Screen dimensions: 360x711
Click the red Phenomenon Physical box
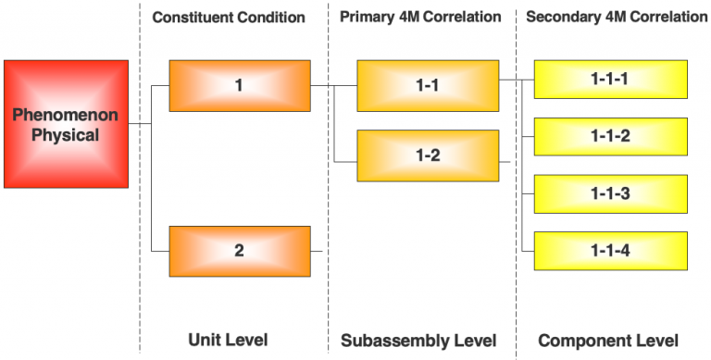click(x=66, y=124)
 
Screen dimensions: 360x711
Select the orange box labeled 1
click(x=239, y=86)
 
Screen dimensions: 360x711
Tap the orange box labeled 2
click(x=239, y=250)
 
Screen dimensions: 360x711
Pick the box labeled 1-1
click(x=428, y=86)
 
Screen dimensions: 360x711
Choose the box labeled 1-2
click(x=428, y=155)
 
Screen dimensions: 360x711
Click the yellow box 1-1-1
click(x=610, y=79)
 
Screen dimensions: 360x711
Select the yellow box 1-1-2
click(x=610, y=136)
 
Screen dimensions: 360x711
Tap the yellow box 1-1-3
click(x=610, y=193)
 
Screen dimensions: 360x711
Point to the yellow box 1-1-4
click(x=610, y=250)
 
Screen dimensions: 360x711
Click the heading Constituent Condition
click(x=229, y=18)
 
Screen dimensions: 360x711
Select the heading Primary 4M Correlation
click(x=420, y=18)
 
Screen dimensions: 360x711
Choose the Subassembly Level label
click(x=419, y=340)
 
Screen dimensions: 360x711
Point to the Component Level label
click(x=608, y=340)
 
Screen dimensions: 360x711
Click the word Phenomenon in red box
click(x=66, y=115)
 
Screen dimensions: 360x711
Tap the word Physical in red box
click(x=66, y=135)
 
